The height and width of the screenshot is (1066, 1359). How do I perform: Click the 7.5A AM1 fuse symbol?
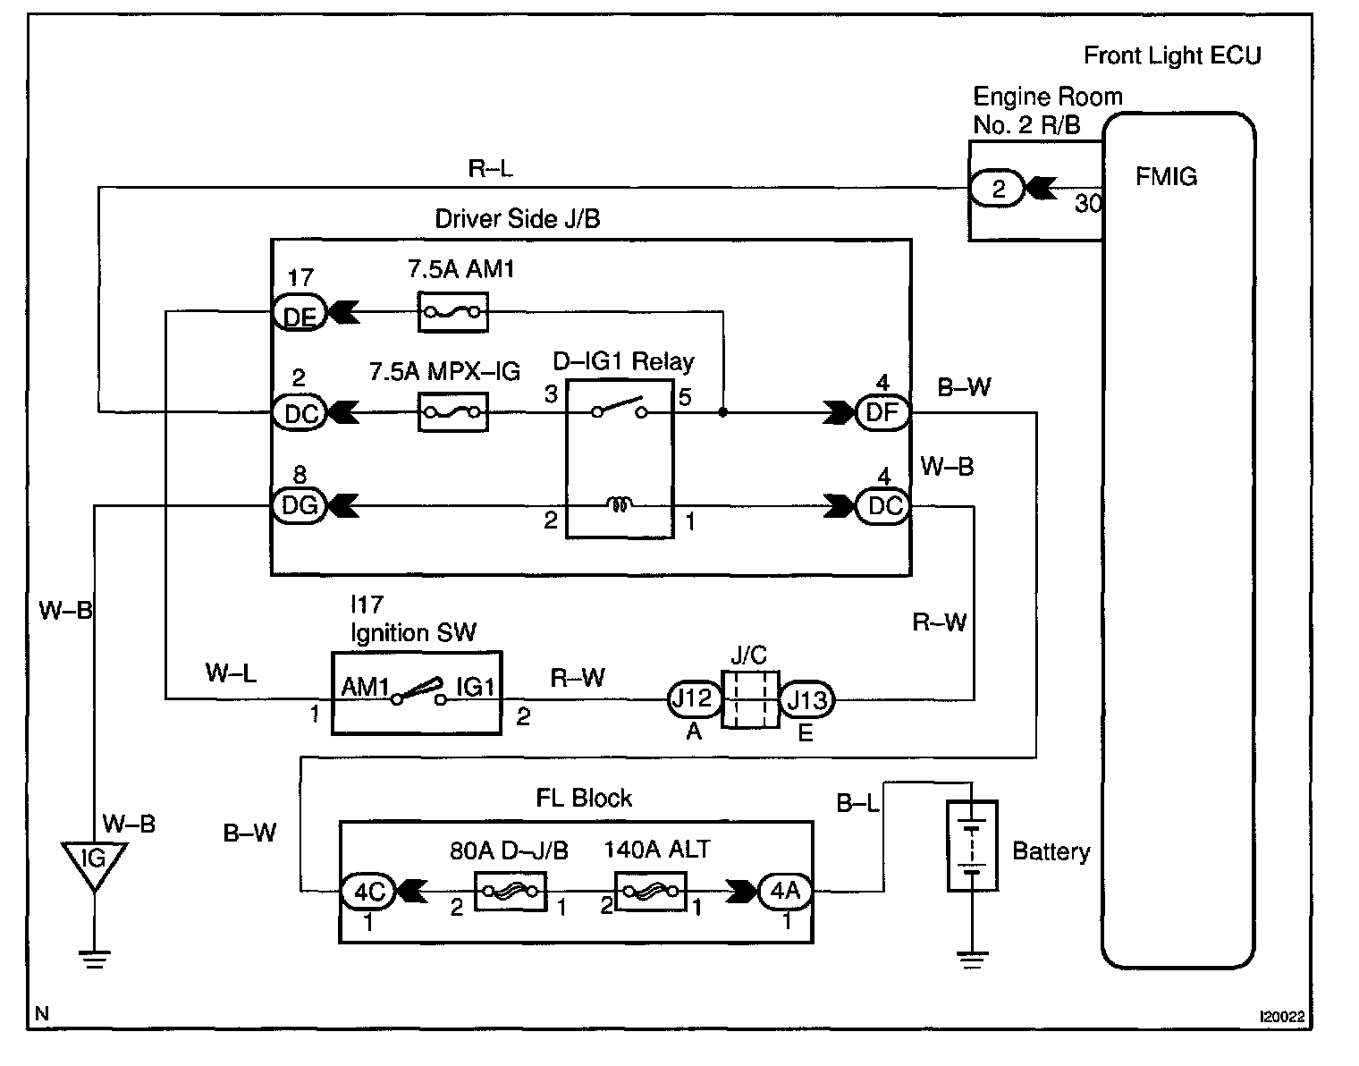(x=453, y=312)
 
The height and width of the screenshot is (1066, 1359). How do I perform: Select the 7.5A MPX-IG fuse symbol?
(x=453, y=412)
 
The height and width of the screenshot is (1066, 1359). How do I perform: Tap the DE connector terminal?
(x=299, y=312)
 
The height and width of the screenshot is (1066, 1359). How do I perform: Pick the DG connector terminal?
(x=300, y=506)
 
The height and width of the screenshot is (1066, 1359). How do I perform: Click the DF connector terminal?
(x=882, y=412)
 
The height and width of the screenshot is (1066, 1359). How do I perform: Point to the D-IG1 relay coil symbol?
(x=619, y=506)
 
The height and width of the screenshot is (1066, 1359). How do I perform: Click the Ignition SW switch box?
(x=417, y=693)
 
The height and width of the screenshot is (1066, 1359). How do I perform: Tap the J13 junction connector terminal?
(x=807, y=698)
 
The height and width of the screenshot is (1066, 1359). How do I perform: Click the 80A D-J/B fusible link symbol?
(x=509, y=892)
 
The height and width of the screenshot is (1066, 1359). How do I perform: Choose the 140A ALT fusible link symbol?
(x=651, y=892)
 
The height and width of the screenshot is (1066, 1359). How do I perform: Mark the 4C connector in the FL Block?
(x=367, y=891)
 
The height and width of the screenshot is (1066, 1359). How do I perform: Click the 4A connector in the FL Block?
(x=784, y=891)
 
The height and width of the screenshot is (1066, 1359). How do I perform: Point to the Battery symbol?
(x=972, y=846)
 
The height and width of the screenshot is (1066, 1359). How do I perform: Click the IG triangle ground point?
(x=93, y=862)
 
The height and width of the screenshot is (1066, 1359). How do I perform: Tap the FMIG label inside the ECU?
(x=1166, y=176)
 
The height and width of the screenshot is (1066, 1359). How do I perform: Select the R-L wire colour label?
(x=490, y=168)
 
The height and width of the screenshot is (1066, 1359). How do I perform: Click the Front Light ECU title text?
(x=1172, y=55)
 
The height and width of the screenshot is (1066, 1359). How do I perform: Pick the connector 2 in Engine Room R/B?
(x=999, y=189)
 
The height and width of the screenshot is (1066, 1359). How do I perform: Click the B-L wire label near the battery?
(x=857, y=803)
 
